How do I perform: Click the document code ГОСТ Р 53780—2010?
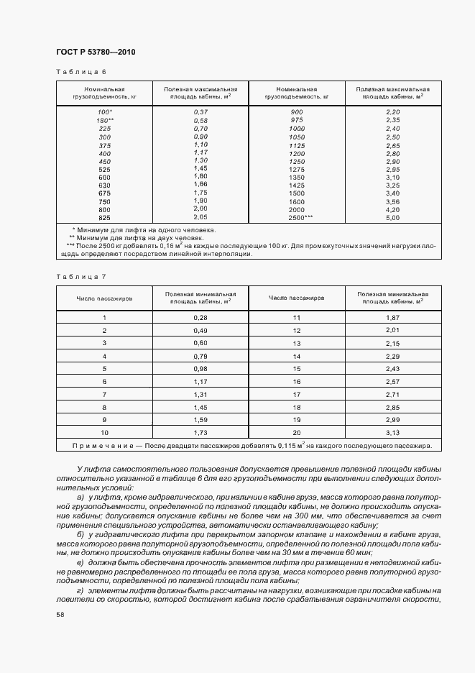click(x=96, y=52)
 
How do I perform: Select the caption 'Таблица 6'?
click(x=80, y=72)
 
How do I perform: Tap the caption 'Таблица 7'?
click(x=80, y=276)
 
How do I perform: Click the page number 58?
click(x=60, y=614)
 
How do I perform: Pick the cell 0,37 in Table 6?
click(x=200, y=112)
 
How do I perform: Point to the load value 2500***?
click(x=300, y=216)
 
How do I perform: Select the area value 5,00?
click(x=392, y=216)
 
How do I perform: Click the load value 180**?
click(x=106, y=120)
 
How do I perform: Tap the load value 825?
click(x=105, y=216)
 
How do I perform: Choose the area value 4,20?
click(x=392, y=209)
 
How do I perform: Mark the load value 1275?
click(x=297, y=168)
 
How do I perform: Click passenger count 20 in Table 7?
click(x=296, y=433)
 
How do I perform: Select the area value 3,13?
click(x=392, y=433)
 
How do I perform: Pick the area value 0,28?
click(x=200, y=317)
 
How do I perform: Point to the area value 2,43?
click(x=392, y=368)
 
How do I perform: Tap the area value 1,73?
click(x=200, y=433)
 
